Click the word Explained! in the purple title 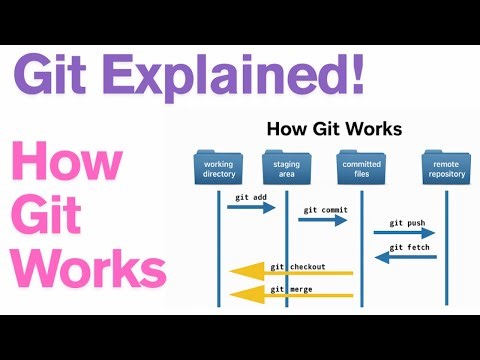238,75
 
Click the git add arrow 252,207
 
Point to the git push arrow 404,233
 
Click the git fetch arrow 406,257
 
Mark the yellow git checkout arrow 291,273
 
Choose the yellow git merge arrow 291,294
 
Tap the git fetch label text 410,246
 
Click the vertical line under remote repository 446,270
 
